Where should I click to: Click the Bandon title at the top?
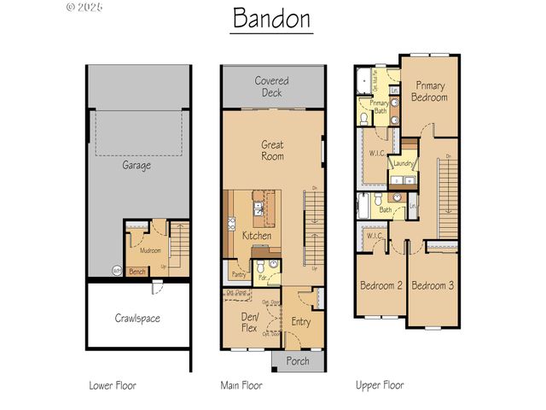coord(271,19)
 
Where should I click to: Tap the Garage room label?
coord(136,166)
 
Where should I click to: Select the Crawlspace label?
coord(137,318)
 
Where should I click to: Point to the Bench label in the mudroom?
coord(136,272)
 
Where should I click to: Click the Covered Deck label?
coord(272,86)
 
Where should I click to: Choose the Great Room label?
coord(272,150)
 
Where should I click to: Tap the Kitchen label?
coord(256,235)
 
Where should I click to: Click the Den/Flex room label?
coord(250,321)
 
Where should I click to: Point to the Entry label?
coord(300,321)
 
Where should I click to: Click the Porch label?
coord(297,360)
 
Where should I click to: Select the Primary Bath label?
coord(379,107)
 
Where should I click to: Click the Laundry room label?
coord(404,163)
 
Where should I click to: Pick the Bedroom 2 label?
coord(380,285)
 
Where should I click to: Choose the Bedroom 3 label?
coord(433,285)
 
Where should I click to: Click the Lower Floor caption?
coord(113,385)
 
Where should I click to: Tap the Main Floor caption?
coord(241,385)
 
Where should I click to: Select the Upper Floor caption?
coord(380,385)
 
